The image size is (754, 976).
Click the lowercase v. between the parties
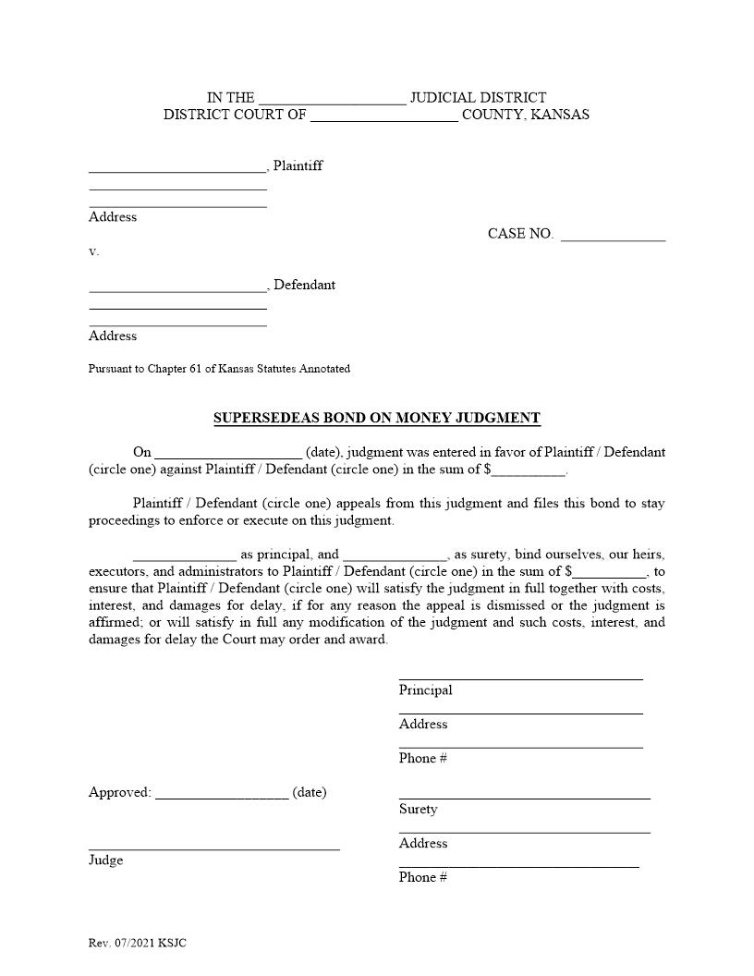click(93, 251)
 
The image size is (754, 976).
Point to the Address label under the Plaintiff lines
click(113, 217)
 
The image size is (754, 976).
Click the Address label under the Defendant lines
click(113, 336)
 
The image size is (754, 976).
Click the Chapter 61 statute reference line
click(219, 369)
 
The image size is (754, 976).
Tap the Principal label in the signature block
click(425, 690)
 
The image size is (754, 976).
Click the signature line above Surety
click(524, 796)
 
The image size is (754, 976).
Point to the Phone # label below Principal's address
click(423, 759)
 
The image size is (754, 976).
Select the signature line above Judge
click(213, 848)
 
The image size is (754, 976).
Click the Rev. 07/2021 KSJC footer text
click(138, 943)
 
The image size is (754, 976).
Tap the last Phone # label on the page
click(423, 877)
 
